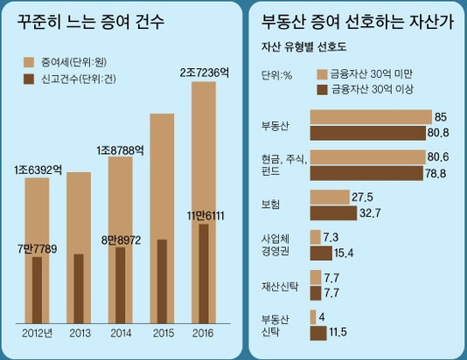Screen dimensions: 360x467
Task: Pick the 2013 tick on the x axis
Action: pos(79,333)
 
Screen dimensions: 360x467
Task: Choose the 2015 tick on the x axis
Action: pos(161,333)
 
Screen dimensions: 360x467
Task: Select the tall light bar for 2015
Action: pos(162,175)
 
